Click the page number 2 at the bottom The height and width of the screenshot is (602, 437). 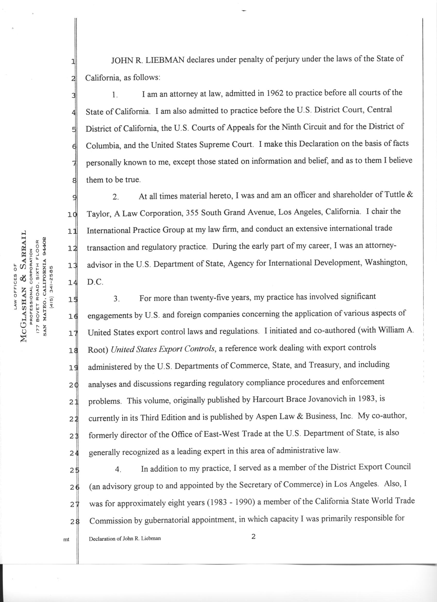(x=253, y=537)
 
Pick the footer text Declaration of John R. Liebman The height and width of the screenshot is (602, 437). (x=125, y=539)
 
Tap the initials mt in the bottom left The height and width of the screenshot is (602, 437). (x=66, y=539)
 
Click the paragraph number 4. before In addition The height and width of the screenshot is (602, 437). (x=118, y=469)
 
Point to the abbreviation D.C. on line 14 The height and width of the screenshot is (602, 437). (x=95, y=282)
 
